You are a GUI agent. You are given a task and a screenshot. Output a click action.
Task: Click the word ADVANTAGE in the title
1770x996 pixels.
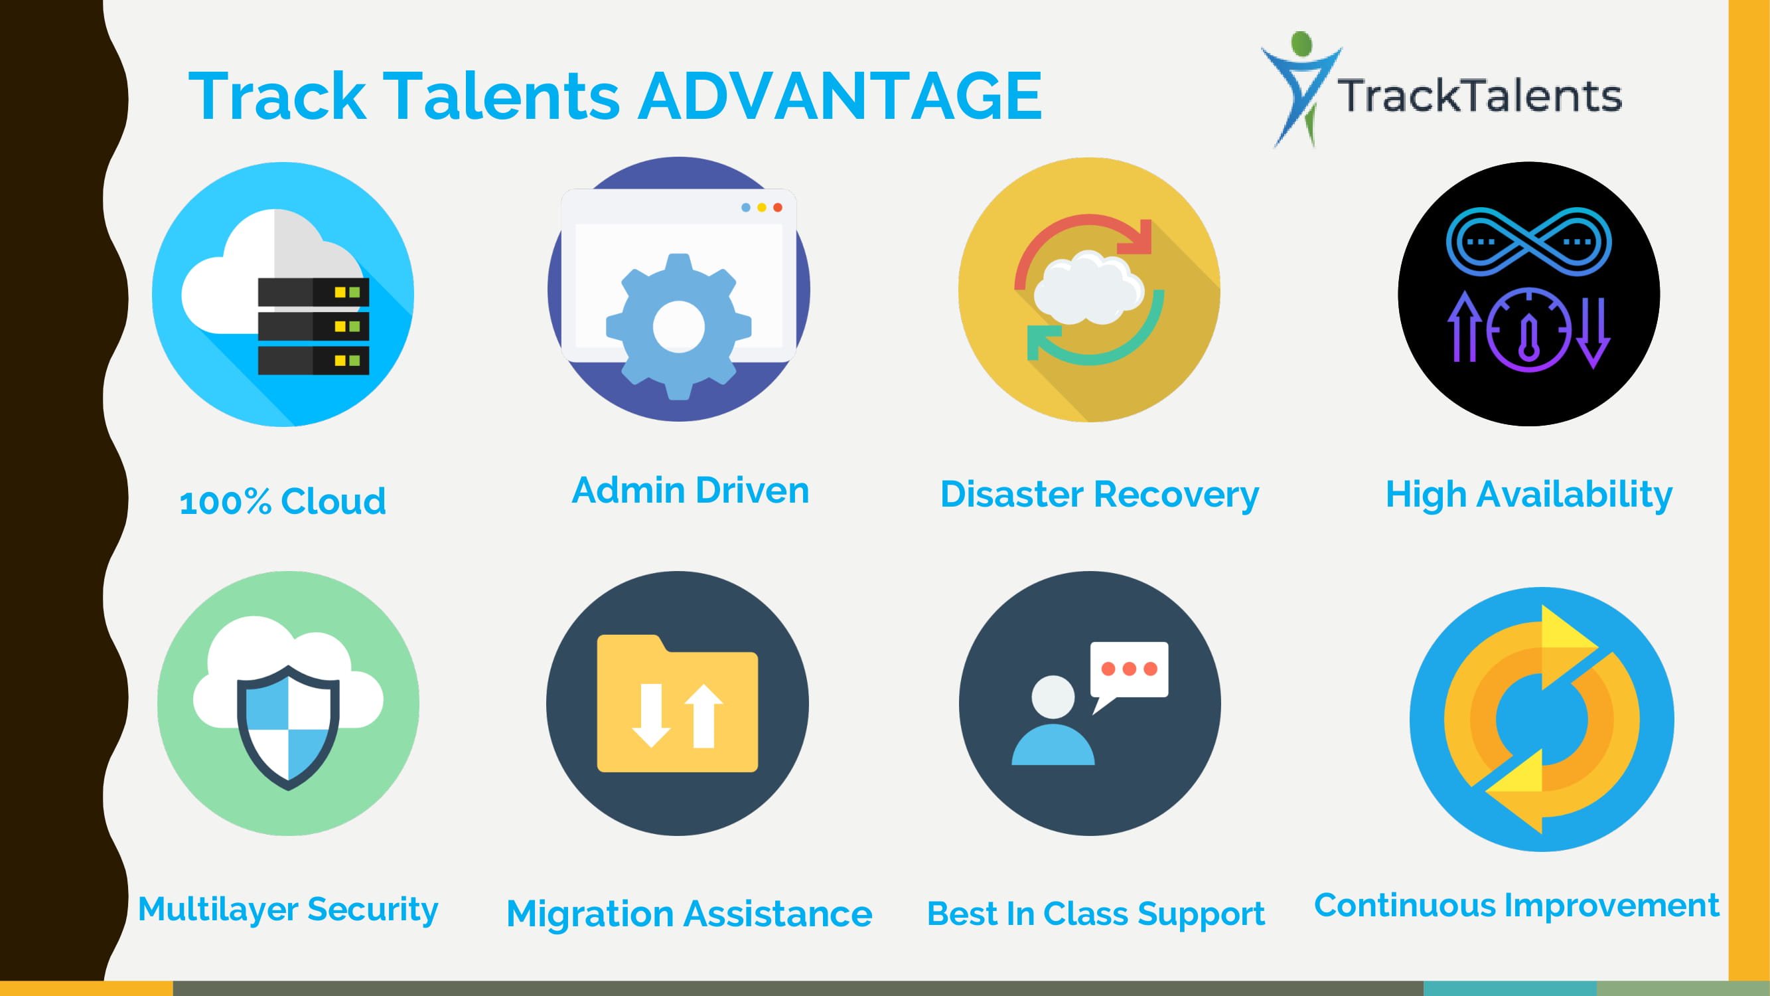840,96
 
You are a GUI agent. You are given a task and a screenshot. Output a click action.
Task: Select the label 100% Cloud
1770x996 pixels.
283,501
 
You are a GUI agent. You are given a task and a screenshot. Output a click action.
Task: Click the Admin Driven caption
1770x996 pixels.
691,490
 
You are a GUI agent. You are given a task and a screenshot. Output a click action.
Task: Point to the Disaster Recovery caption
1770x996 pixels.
1100,495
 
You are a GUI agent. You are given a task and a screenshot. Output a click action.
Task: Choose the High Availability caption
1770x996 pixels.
1529,495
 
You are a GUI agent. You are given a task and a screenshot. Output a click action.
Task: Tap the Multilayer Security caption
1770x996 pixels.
288,909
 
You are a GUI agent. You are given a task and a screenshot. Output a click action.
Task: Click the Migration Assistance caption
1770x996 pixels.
689,914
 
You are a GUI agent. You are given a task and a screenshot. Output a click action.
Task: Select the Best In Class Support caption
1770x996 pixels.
1096,914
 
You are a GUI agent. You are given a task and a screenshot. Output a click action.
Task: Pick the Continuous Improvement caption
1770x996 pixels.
1516,905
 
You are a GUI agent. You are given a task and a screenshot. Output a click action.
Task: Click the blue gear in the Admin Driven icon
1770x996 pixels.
679,327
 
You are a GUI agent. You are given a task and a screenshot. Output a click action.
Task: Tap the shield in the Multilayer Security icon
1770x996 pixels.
289,727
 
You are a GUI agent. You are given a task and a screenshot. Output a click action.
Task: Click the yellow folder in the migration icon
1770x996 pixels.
678,703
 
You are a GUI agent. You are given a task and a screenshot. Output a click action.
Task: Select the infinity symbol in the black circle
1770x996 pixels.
1529,241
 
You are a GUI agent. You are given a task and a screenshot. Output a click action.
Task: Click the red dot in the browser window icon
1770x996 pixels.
778,208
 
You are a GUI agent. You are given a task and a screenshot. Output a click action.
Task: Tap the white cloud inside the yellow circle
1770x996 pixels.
1088,288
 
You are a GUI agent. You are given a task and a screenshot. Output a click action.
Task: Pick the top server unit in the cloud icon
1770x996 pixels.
313,292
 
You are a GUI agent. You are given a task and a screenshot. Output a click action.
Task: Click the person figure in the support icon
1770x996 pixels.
1053,720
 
